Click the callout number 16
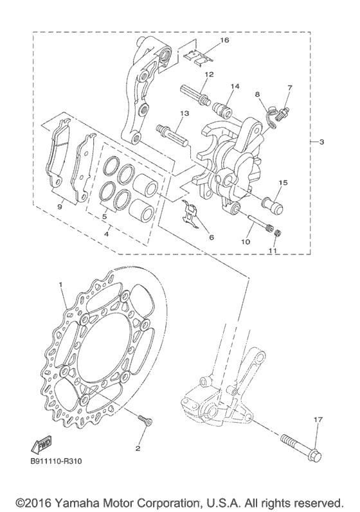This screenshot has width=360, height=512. point(225,40)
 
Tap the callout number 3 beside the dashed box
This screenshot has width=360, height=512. point(322,142)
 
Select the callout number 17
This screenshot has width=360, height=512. point(318,419)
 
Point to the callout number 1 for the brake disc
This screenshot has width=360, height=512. point(61,285)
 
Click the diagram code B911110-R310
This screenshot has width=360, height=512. point(56,461)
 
